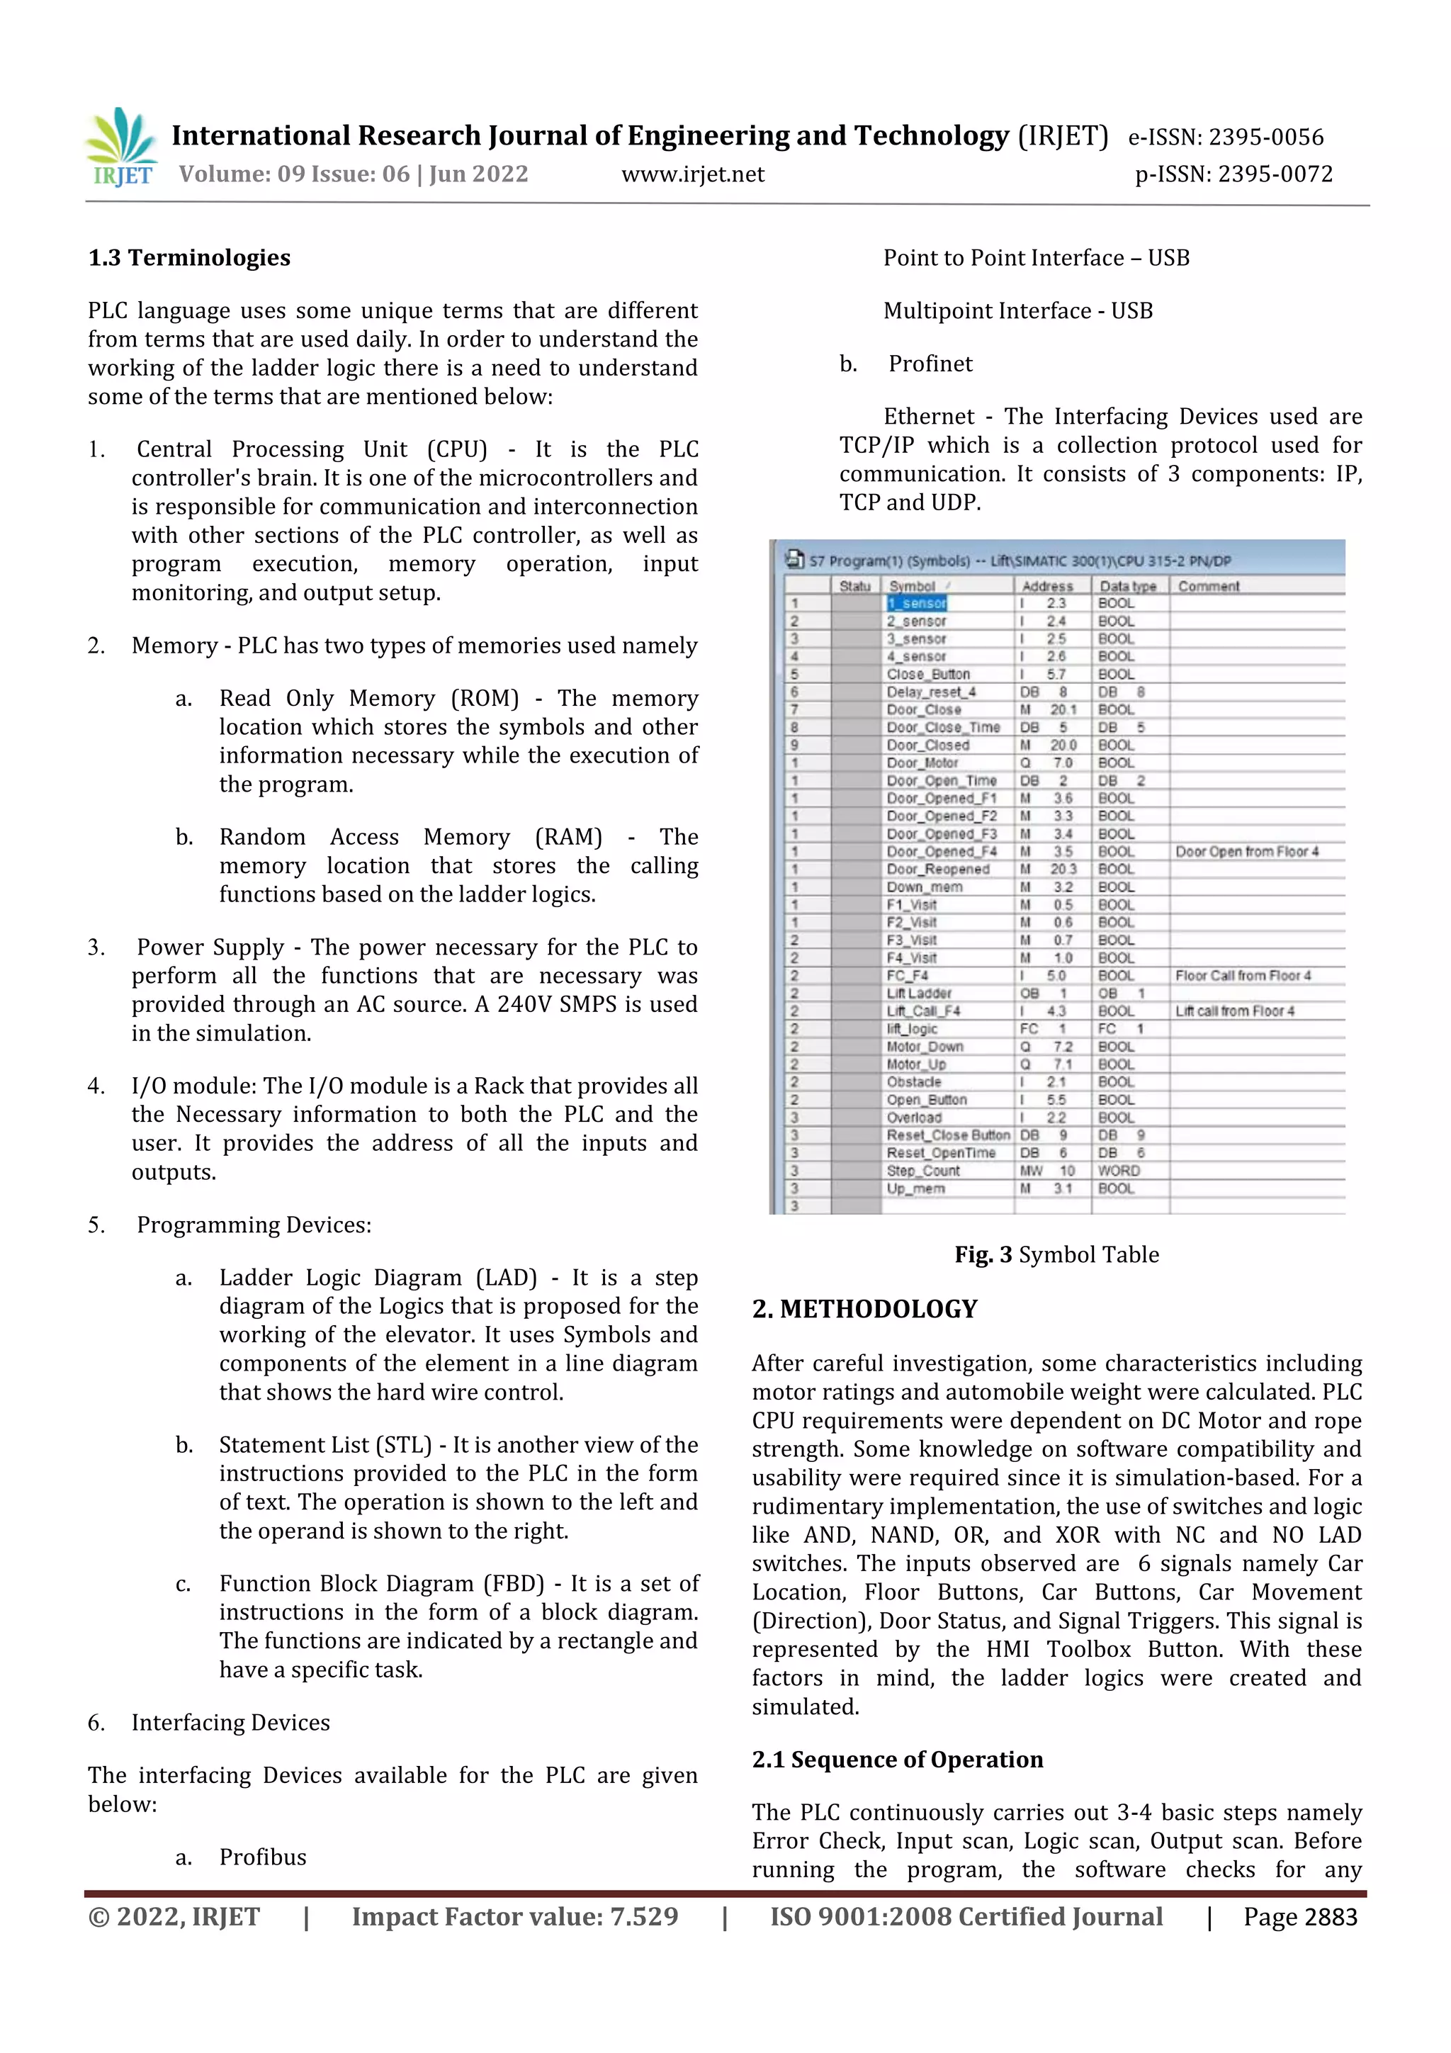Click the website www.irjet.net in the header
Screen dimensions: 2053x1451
693,174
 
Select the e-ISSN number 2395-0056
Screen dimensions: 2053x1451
1266,137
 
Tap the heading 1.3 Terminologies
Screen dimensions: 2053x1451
190,259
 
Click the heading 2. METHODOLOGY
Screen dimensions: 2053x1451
864,1309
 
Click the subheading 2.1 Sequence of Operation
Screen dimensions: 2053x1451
897,1760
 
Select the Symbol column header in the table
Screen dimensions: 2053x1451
912,587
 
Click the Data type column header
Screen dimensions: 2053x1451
1127,587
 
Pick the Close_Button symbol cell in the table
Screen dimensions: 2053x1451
928,674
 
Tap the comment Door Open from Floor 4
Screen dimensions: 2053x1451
1246,851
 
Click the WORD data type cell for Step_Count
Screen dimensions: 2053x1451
1119,1171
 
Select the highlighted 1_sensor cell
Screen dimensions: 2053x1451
916,604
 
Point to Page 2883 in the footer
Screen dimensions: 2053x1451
1300,1917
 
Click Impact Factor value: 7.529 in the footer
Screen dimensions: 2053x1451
515,1917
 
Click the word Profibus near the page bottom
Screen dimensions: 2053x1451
263,1857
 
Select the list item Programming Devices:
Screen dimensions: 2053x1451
253,1225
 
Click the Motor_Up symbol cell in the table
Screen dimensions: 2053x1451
915,1064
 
